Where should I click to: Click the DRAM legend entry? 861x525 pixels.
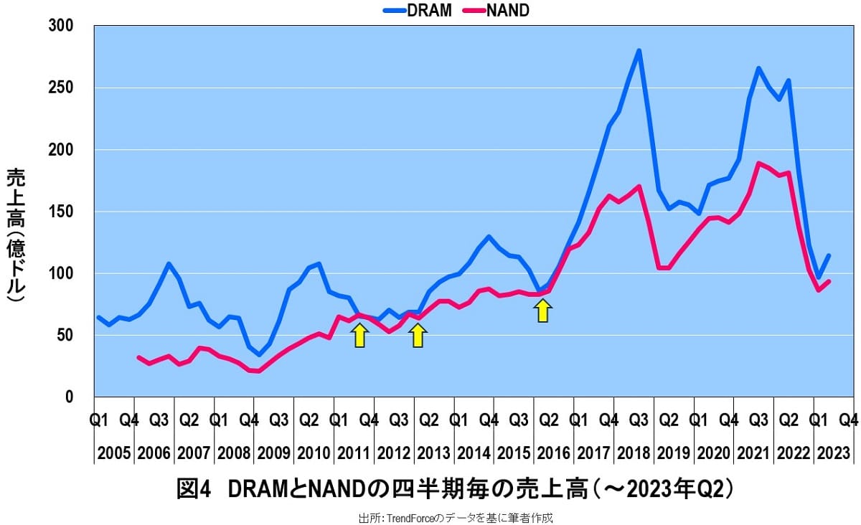tap(417, 11)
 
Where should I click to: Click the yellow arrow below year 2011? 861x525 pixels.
tap(360, 335)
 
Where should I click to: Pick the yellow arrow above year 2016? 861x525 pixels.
tap(543, 310)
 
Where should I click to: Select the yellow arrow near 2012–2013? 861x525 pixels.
tap(418, 335)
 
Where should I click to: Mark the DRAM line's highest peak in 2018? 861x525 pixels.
tap(639, 51)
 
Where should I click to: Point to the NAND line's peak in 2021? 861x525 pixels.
tap(758, 164)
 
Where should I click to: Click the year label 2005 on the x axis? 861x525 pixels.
tap(113, 453)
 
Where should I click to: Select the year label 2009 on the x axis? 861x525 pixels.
tap(274, 453)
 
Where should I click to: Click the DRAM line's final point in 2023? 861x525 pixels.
tap(829, 255)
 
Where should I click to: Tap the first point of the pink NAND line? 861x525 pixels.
tap(138, 357)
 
